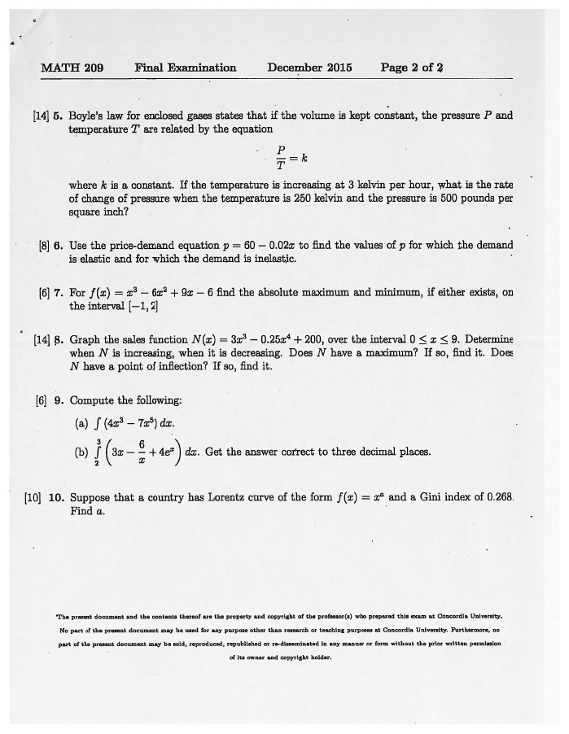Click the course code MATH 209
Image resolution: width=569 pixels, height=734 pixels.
[x=72, y=68]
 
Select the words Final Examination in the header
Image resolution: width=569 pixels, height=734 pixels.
[x=186, y=68]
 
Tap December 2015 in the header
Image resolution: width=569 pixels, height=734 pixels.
[x=309, y=68]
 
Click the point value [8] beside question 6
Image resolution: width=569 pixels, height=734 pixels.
[x=44, y=245]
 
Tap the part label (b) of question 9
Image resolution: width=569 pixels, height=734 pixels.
[x=82, y=452]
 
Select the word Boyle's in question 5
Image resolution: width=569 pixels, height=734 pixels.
[x=90, y=116]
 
